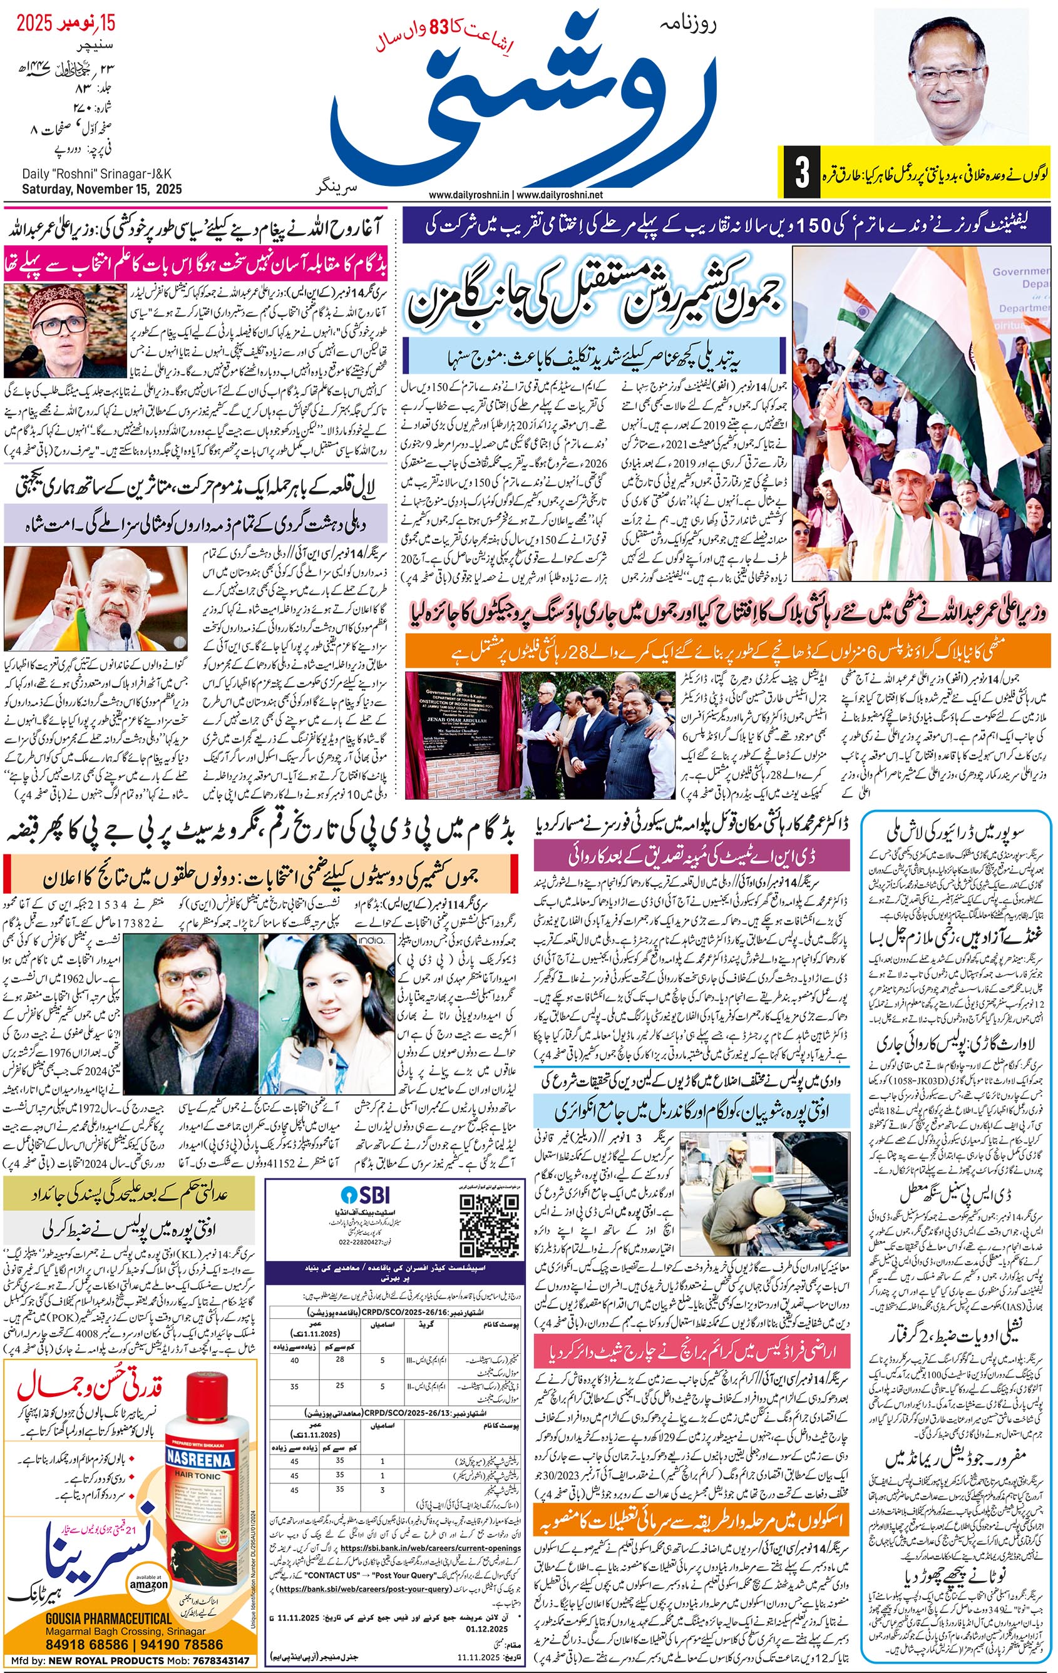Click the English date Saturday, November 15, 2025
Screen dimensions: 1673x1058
point(101,189)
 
